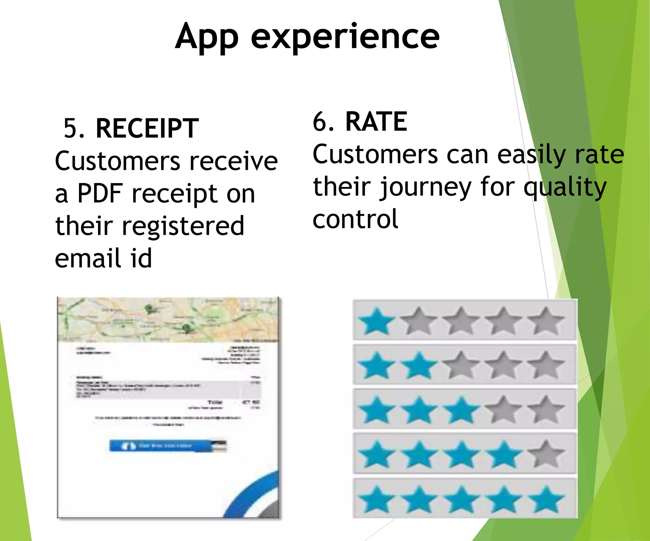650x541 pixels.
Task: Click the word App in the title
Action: (x=207, y=37)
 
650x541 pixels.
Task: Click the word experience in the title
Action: (x=345, y=37)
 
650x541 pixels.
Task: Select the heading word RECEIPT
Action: (x=147, y=128)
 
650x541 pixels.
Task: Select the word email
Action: (x=88, y=258)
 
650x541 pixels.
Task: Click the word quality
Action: (x=565, y=188)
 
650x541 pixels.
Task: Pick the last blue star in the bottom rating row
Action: (x=546, y=499)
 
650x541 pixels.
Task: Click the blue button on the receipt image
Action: (x=168, y=446)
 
